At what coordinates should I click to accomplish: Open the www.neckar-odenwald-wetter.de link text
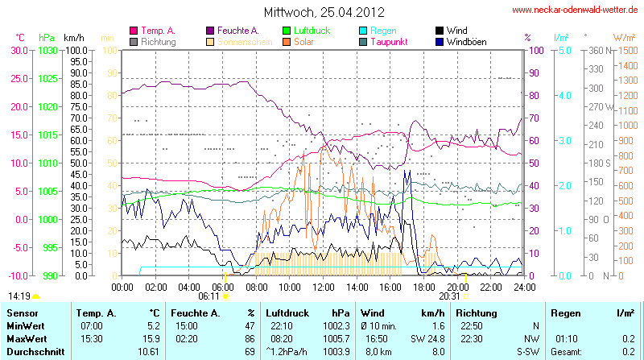coord(576,10)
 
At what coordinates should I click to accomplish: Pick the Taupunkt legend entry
coord(394,41)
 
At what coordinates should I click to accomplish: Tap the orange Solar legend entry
coord(303,41)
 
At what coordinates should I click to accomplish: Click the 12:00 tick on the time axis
coord(323,287)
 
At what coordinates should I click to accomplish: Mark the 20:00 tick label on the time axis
coord(457,287)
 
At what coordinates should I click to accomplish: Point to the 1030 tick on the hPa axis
coord(47,50)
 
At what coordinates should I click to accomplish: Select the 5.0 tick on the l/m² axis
coord(566,50)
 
